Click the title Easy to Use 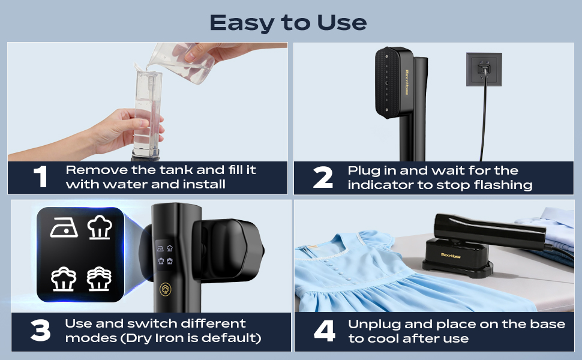288,23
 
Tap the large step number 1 40,176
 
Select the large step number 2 323,177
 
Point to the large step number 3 40,331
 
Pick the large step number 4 325,331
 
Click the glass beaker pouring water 182,62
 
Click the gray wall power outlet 484,70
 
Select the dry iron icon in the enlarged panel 64,227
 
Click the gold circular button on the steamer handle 166,289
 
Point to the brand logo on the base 450,256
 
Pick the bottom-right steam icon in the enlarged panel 99,279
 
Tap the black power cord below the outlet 483,119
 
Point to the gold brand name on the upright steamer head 406,82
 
